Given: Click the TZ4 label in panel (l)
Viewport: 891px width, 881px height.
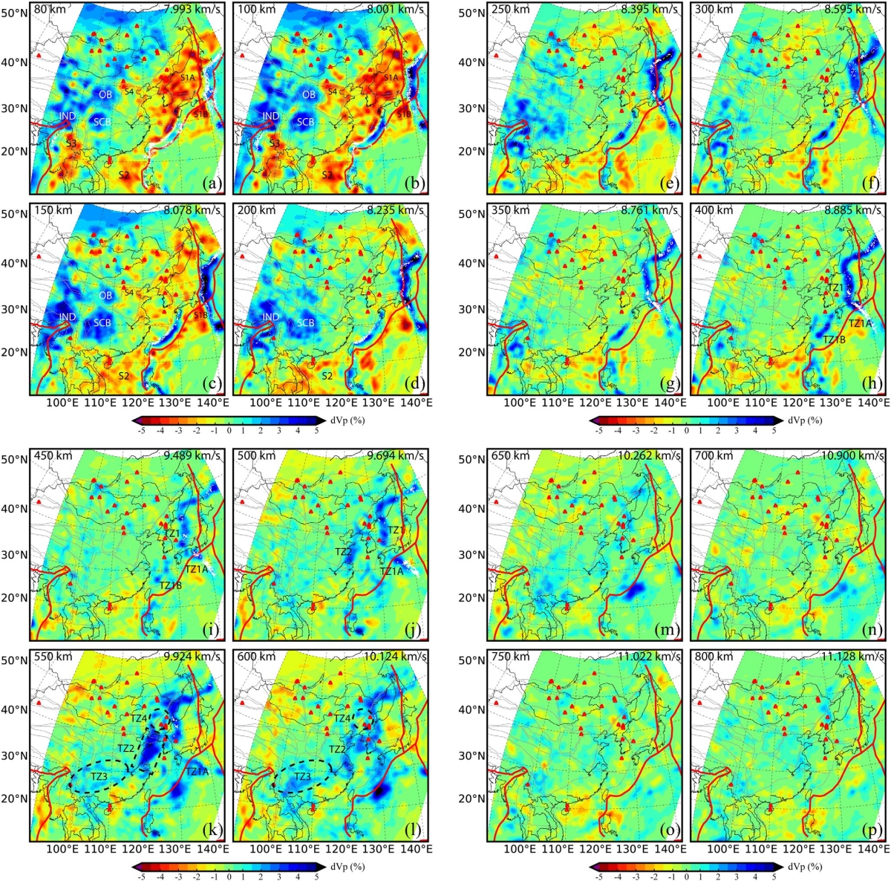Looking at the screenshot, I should [342, 718].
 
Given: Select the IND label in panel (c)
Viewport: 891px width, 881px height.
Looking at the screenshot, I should [67, 317].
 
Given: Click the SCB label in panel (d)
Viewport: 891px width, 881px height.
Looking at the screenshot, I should [305, 323].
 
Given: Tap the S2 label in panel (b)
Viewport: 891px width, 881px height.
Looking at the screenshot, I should [327, 174].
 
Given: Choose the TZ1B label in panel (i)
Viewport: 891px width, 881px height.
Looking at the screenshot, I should [171, 585].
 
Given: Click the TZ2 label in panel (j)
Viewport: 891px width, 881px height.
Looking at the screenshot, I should [342, 552].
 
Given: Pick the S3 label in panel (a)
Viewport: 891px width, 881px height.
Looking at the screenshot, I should [71, 143].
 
